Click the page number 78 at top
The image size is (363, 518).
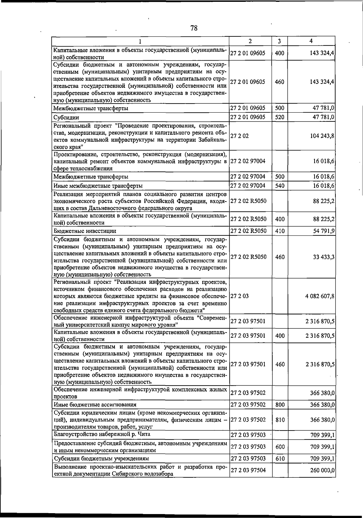(194, 28)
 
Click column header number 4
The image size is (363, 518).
(311, 41)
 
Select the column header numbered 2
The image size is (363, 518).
(250, 41)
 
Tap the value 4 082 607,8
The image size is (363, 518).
(320, 296)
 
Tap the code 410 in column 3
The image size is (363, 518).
(280, 231)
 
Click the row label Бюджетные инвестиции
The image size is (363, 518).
(85, 231)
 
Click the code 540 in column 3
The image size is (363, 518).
(280, 185)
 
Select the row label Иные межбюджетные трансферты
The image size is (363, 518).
(98, 186)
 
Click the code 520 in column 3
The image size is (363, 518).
(280, 117)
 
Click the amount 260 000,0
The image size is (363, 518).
(322, 470)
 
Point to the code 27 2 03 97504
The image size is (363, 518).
(248, 470)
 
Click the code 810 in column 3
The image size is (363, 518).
(280, 420)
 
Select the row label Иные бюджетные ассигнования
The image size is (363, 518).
(95, 404)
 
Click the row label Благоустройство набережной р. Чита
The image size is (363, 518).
(102, 434)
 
